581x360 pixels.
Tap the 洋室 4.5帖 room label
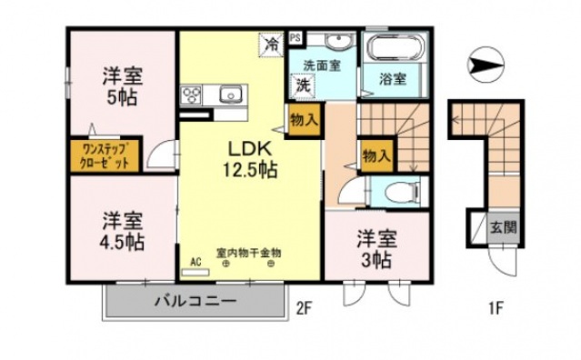tap(121, 231)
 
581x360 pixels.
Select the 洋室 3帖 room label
tap(375, 249)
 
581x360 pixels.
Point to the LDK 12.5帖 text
tap(246, 157)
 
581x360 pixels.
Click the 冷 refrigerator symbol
tap(270, 43)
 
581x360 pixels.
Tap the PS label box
tap(295, 38)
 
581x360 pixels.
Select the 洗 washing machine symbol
tap(301, 85)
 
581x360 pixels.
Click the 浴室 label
tap(392, 79)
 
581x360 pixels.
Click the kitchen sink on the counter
tap(229, 94)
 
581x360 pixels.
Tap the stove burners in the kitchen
tap(193, 94)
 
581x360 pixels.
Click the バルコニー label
tap(195, 301)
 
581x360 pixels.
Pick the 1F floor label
tap(495, 308)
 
